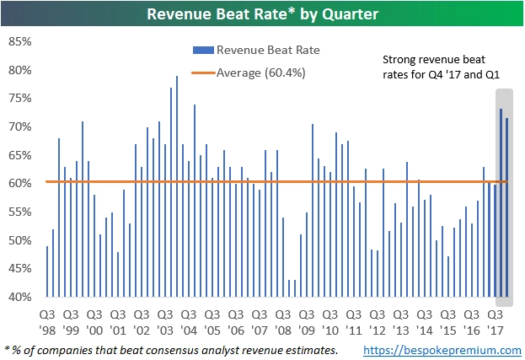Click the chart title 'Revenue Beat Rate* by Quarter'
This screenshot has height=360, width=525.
point(262,13)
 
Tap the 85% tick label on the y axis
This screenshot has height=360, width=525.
point(19,41)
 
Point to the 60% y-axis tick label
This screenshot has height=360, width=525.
point(19,184)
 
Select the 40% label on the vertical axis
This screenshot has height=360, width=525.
point(19,297)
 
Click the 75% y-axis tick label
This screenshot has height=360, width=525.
point(19,99)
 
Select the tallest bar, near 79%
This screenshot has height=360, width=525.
point(177,186)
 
